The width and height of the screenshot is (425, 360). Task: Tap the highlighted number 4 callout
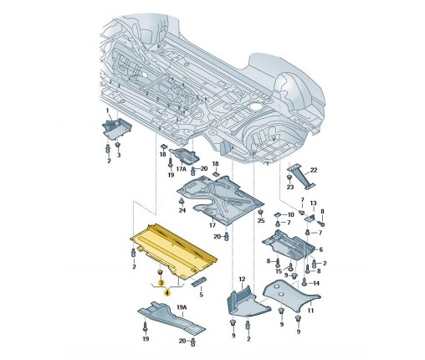(167, 293)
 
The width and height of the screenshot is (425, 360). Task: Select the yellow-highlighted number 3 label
(161, 283)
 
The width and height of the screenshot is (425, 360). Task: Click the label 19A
(182, 307)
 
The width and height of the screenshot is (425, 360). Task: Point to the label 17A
(181, 169)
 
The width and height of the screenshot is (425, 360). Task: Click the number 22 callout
(314, 170)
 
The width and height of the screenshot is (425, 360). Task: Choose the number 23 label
(290, 187)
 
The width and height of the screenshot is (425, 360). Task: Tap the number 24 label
(182, 210)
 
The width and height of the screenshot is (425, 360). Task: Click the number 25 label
(261, 221)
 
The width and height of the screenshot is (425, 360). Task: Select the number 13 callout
(313, 203)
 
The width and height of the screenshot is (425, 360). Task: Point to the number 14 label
(316, 283)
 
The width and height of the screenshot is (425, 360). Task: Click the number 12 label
(242, 279)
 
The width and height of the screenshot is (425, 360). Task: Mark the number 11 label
(310, 311)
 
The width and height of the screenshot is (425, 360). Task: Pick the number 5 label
(201, 295)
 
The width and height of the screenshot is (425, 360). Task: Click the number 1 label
(107, 111)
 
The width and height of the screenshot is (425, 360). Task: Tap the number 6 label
(320, 249)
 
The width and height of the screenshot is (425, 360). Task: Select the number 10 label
(290, 214)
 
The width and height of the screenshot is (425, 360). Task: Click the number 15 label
(279, 270)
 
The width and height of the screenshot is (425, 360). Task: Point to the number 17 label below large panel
(212, 225)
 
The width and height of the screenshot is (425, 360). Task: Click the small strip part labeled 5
(199, 281)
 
